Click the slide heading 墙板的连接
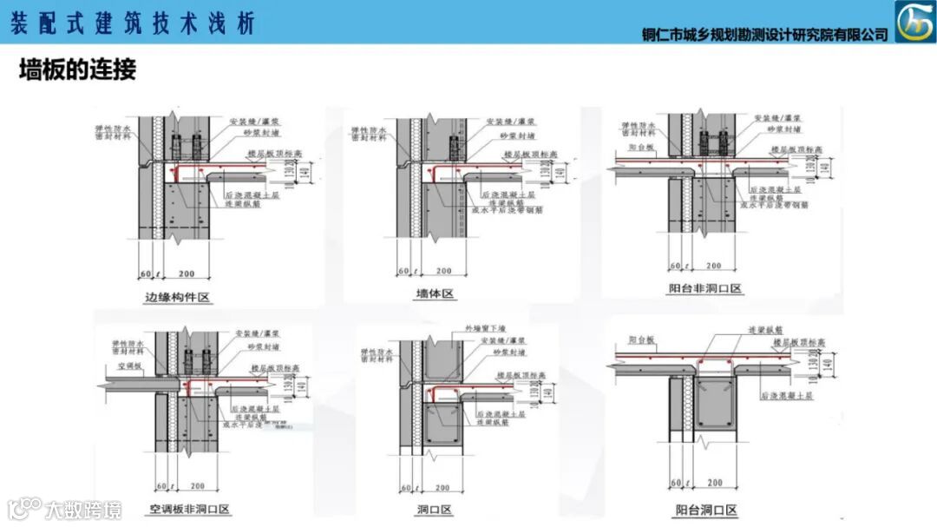pyautogui.click(x=78, y=70)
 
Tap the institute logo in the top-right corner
pyautogui.click(x=914, y=21)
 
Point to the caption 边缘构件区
pyautogui.click(x=179, y=298)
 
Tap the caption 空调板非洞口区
pyautogui.click(x=186, y=508)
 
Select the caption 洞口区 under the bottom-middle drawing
pyautogui.click(x=435, y=510)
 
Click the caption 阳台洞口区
pyautogui.click(x=706, y=510)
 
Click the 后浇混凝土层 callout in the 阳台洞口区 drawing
pyautogui.click(x=788, y=396)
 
